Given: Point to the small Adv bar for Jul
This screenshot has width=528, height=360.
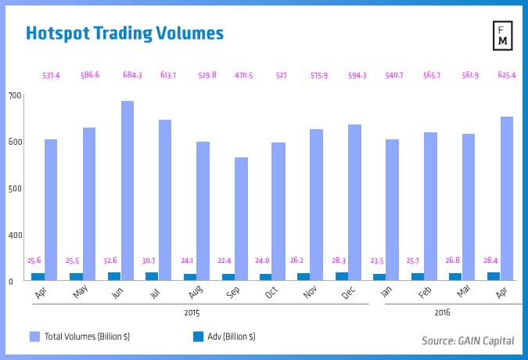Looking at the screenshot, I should point(151,276).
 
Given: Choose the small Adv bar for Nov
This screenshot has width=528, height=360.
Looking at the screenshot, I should point(303,276).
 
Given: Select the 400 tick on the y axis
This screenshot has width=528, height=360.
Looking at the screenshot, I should point(15,235).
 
